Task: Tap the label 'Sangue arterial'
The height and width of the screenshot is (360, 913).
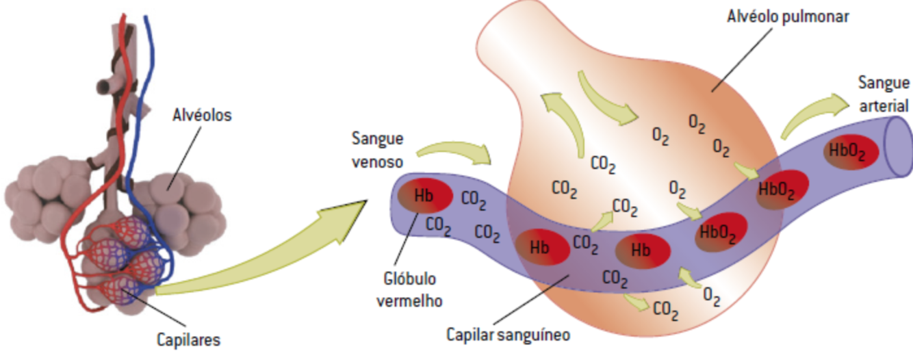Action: point(884,94)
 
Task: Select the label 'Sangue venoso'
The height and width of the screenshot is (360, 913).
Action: point(377,150)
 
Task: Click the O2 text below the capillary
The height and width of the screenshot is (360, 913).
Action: point(712,297)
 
